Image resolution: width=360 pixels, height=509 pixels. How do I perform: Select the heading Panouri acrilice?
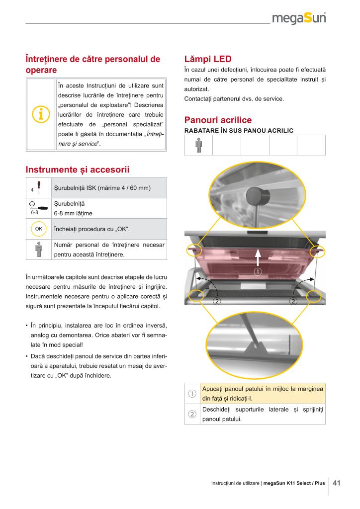pos(218,120)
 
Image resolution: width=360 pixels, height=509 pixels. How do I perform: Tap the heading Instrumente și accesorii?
pos(77,170)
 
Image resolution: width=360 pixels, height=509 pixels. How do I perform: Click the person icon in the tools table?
pos(38,249)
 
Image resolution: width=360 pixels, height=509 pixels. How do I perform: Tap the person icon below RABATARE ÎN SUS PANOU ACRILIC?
pos(198,145)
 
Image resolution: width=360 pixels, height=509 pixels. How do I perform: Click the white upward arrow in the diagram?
pos(258,258)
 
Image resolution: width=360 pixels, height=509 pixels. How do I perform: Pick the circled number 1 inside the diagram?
pos(258,271)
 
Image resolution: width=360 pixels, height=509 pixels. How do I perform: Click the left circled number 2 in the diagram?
pos(217,302)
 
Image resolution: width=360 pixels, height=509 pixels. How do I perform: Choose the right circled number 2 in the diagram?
pos(293,302)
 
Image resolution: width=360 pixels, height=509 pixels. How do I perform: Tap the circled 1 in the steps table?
pos(192,394)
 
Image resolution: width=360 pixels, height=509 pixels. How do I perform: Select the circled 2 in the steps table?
pos(192,415)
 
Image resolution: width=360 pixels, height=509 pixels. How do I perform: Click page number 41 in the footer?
pos(337,483)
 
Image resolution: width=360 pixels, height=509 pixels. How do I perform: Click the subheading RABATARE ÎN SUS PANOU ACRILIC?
pos(239,131)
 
